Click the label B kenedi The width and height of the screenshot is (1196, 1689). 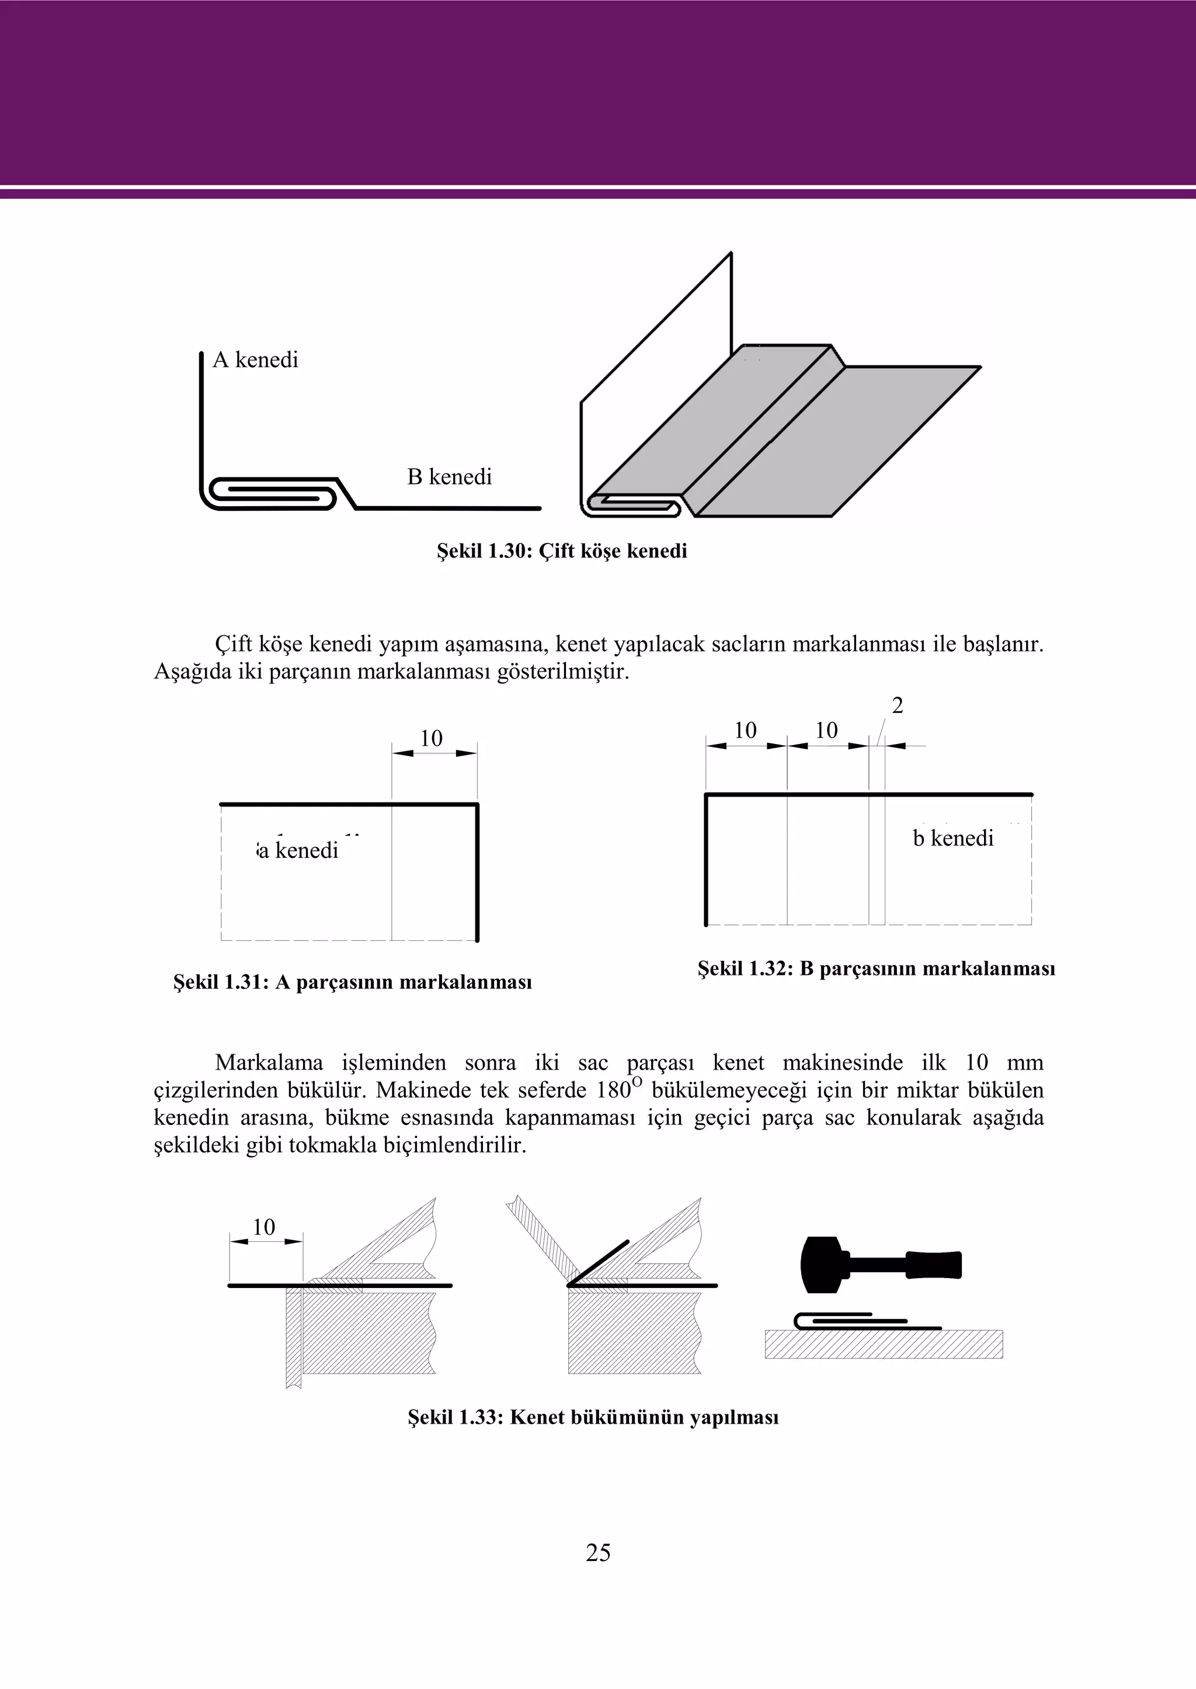[449, 477]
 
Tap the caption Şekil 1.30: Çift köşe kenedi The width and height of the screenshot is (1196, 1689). [562, 551]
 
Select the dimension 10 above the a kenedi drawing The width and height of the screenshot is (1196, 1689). [431, 738]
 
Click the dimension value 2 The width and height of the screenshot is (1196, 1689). [897, 705]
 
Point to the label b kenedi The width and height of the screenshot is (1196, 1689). [953, 838]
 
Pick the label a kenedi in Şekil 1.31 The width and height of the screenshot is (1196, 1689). [298, 850]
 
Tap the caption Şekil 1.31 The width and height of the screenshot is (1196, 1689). [352, 982]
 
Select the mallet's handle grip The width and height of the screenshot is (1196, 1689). [934, 1265]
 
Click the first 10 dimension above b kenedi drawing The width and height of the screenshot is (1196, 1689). [745, 731]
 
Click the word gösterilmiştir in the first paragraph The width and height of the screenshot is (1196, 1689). [562, 672]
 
